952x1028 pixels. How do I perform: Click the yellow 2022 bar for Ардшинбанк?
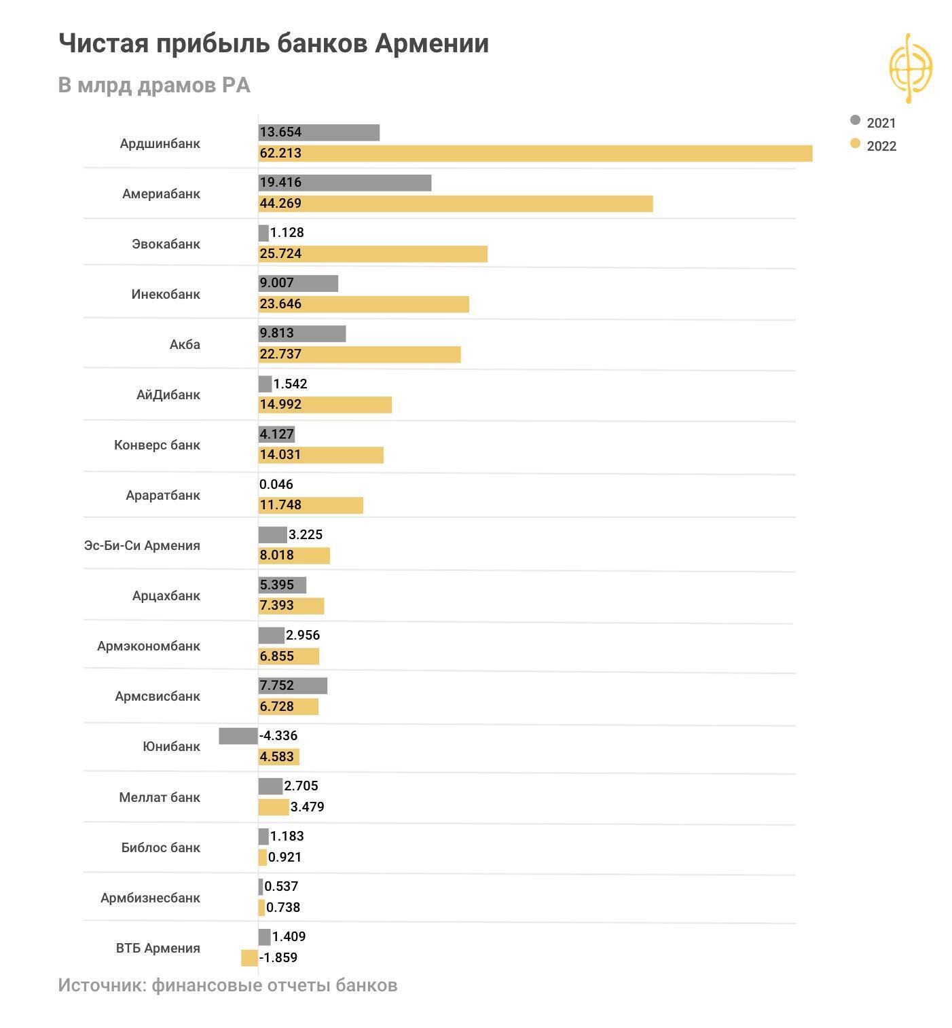click(x=535, y=153)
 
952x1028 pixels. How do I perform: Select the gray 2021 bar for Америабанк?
click(x=345, y=183)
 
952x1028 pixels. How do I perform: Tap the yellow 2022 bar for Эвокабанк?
click(x=373, y=254)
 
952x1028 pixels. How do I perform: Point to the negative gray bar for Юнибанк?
click(x=238, y=736)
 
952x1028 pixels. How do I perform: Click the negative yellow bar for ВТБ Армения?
click(x=249, y=958)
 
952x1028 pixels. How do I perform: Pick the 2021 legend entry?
click(x=874, y=123)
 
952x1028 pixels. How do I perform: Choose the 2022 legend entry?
click(x=874, y=146)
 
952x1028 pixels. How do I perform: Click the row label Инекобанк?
click(x=166, y=295)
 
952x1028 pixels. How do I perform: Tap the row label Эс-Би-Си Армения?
click(x=142, y=546)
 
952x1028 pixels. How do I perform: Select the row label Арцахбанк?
click(x=166, y=596)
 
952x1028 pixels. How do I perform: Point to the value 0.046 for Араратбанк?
click(x=276, y=485)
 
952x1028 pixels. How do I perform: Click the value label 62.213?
click(x=280, y=153)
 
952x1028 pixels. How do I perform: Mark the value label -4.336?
click(x=278, y=736)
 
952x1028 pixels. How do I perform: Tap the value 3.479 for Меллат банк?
click(x=307, y=807)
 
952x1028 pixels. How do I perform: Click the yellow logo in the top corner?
click(x=910, y=68)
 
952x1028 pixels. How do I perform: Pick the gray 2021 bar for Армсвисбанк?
click(x=293, y=686)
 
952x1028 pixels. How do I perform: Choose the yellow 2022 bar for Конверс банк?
click(x=321, y=455)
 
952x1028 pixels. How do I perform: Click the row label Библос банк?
click(x=161, y=848)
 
